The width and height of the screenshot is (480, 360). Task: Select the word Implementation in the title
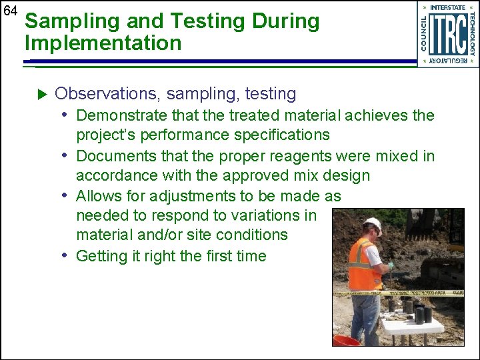(103, 43)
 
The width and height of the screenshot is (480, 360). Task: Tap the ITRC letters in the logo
(447, 34)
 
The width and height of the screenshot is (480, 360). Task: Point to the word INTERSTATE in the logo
(448, 7)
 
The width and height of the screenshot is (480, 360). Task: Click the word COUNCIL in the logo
(425, 34)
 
